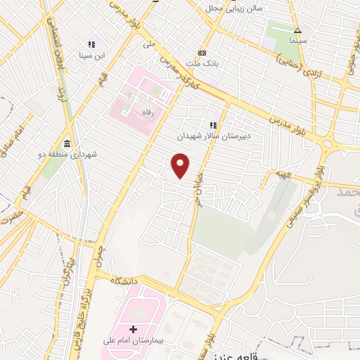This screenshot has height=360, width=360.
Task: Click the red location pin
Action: point(181,166)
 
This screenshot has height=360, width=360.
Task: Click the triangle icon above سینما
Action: point(297,30)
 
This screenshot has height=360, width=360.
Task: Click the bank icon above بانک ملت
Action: point(202,53)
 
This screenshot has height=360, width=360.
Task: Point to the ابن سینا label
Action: point(91,55)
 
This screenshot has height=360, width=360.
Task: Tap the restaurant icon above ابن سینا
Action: point(91,44)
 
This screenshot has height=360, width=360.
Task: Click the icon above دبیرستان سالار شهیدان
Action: point(212,126)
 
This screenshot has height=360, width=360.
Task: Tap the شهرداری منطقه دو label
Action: point(66,152)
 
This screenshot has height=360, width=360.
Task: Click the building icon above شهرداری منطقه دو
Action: point(66,141)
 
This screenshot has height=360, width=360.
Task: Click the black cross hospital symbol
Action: point(134,329)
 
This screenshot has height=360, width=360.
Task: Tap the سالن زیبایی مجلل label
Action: point(233,8)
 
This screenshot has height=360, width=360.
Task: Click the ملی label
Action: point(148,44)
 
